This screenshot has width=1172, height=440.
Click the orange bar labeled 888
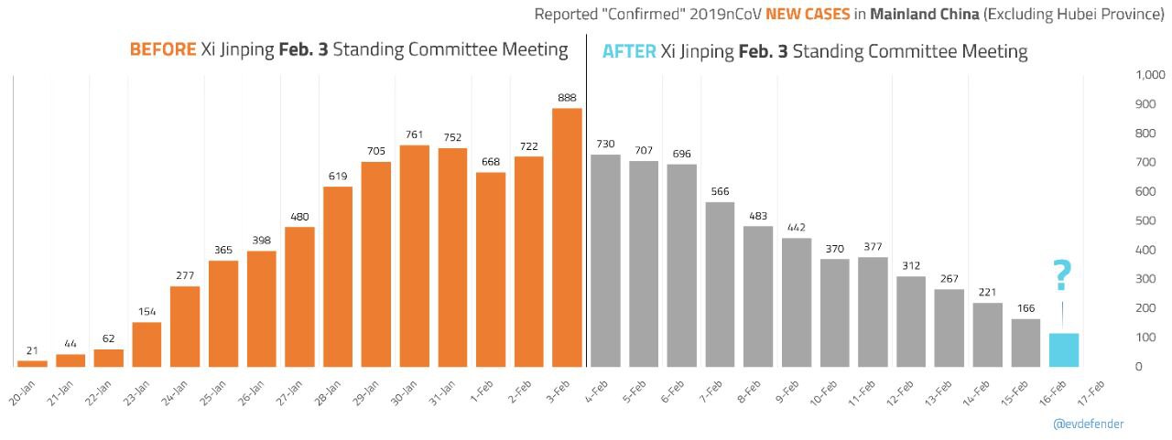[567, 238]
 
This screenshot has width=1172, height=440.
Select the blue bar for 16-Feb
[1063, 350]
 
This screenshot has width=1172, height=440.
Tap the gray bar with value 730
[605, 261]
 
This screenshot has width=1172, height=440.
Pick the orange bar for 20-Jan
[32, 363]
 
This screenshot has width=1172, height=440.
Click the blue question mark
[1062, 275]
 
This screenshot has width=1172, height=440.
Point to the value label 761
[414, 135]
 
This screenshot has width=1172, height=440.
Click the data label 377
[872, 246]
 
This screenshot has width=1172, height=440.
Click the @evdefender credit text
[1088, 424]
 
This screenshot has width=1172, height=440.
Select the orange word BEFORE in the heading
[163, 49]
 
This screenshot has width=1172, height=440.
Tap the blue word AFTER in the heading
[629, 51]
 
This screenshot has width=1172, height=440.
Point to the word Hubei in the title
[1066, 15]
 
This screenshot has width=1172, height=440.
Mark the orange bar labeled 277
[185, 327]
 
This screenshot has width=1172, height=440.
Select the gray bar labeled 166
[1025, 343]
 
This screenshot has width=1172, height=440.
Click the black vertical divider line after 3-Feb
[586, 201]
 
